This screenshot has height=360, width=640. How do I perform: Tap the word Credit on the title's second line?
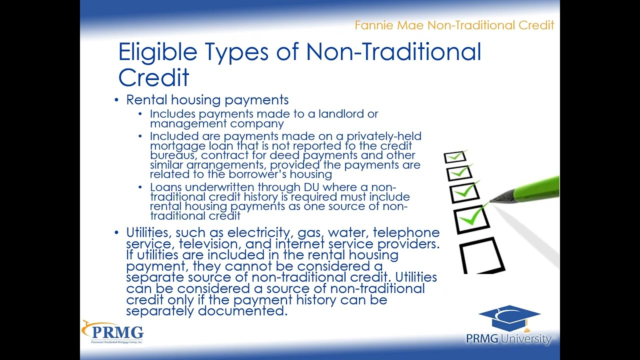tap(153, 78)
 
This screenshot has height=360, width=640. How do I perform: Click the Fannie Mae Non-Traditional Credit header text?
tap(454, 25)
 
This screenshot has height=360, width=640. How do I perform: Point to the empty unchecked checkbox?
tap(481, 255)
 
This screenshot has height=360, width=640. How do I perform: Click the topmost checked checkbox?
tap(455, 157)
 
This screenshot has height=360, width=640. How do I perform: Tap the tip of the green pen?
tap(492, 201)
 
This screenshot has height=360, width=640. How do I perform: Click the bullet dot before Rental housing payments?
tap(116, 100)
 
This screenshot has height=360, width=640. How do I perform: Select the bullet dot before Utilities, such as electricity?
tap(116, 233)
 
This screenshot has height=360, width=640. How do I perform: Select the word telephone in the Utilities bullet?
tap(406, 233)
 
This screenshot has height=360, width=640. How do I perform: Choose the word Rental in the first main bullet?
tap(145, 100)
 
